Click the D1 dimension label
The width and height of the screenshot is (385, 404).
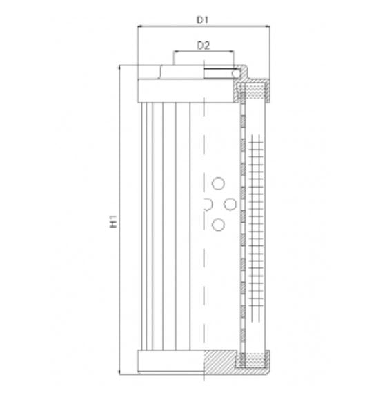[203, 20]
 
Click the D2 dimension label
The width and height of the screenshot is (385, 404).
[203, 46]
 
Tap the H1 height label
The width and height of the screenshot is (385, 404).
[115, 222]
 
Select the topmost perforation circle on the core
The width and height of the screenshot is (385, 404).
[219, 183]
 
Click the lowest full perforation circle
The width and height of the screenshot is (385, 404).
[219, 224]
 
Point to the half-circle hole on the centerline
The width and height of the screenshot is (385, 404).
[207, 203]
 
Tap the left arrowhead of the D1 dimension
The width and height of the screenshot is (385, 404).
[140, 27]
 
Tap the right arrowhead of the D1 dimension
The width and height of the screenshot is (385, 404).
[268, 27]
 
